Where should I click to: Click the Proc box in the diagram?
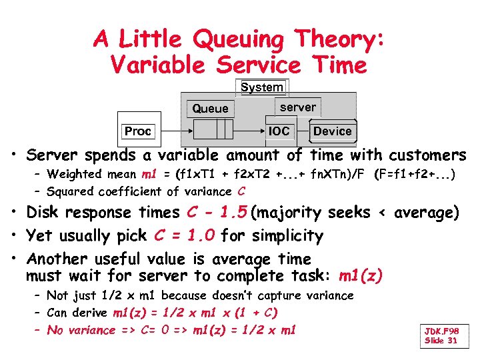138,131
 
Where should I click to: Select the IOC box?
279,131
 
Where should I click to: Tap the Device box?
332,131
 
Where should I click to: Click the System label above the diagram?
261,87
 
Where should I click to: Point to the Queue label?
210,109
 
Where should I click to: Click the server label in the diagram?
297,107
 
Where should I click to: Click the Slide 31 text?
441,341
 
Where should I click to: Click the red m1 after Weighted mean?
148,174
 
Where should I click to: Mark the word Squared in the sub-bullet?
69,191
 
